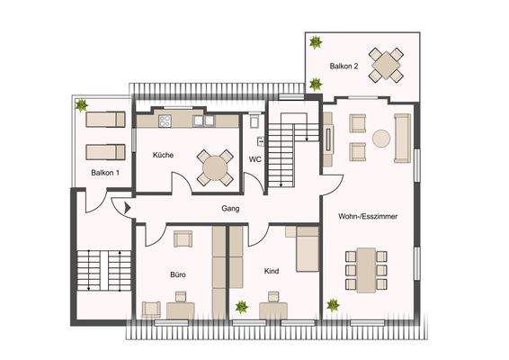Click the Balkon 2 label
tap(344, 67)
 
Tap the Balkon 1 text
tap(105, 171)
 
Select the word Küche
tap(163, 155)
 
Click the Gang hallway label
tap(230, 208)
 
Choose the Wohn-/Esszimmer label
tap(369, 217)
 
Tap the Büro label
tap(177, 273)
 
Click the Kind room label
tap(272, 270)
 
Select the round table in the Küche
tap(215, 166)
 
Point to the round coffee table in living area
tap(382, 139)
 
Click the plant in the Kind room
tap(242, 307)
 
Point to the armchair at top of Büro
tap(183, 238)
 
